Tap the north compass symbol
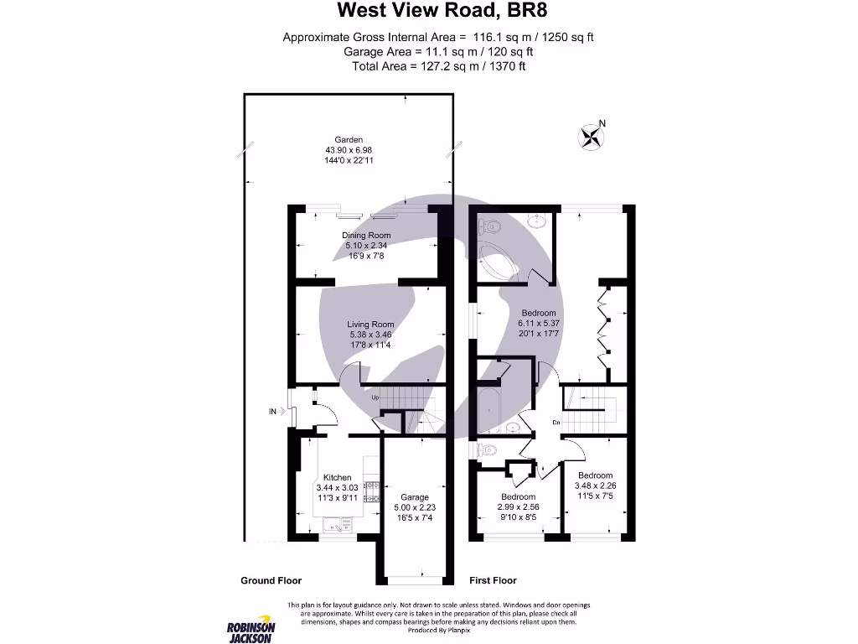coord(592,136)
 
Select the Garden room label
coord(349,140)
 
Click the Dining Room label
coord(366,236)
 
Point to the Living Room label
coord(370,325)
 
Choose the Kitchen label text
coord(337,477)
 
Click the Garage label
coord(414,497)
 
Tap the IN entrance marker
coord(273,412)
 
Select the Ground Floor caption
coord(271,580)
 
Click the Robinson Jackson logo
coord(251,631)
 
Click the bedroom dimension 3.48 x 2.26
coord(595,486)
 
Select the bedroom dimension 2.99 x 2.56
coord(518,506)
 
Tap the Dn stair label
coord(556,423)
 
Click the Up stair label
coord(375,397)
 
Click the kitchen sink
coord(339,526)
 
